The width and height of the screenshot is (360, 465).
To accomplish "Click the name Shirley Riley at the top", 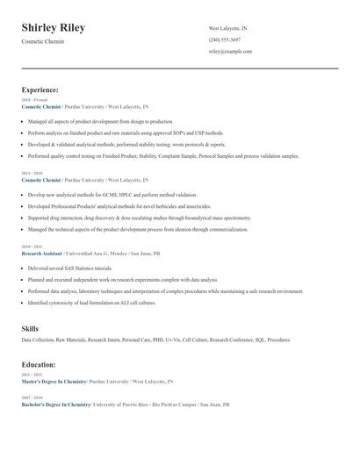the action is (54, 28).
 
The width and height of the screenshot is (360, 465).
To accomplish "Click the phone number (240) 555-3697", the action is (225, 40).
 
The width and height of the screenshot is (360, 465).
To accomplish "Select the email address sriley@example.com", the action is (231, 52).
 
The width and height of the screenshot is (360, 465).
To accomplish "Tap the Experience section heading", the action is (40, 89).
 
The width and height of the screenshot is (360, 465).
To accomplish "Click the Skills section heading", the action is (30, 328).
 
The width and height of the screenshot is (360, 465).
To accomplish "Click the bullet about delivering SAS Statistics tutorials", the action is (69, 268).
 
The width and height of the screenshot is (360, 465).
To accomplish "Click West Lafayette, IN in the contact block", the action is (227, 28).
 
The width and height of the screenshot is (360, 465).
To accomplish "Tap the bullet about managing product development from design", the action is (100, 121).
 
